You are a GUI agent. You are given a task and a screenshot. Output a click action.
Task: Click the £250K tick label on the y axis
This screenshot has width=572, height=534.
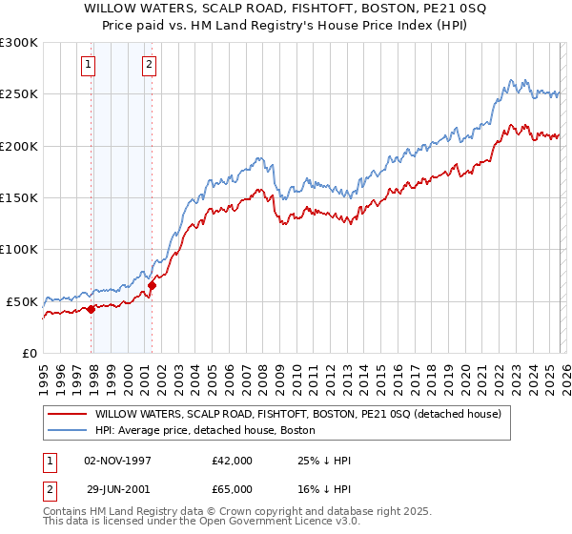tap(19, 94)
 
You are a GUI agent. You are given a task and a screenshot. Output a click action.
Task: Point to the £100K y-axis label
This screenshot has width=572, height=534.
tap(19, 250)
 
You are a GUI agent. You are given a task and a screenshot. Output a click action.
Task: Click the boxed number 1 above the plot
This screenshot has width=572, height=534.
tap(88, 66)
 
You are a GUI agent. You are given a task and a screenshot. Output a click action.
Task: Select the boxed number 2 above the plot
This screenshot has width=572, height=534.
tap(150, 66)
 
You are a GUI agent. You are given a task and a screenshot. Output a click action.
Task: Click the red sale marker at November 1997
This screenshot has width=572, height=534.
tap(91, 309)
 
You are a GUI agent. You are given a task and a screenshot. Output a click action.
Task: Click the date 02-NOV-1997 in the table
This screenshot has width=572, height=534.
tap(119, 461)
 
